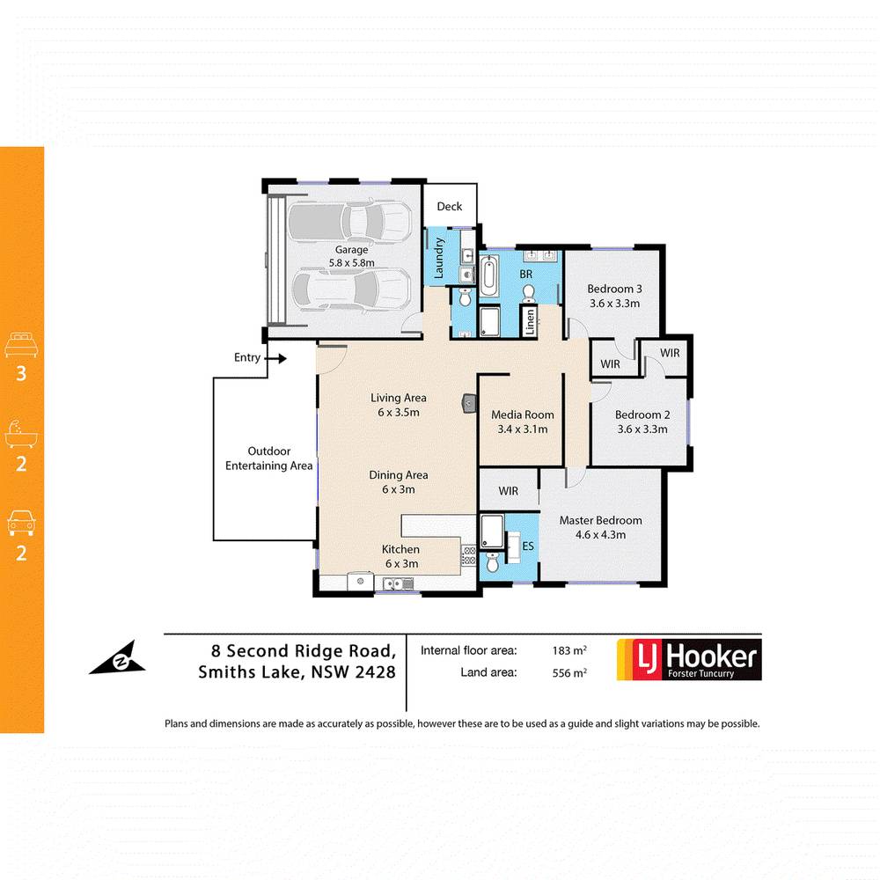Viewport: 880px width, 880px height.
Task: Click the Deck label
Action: (x=449, y=207)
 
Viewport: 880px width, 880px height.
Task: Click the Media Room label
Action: (x=523, y=415)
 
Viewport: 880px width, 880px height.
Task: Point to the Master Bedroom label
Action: (x=600, y=520)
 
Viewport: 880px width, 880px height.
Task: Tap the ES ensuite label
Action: (x=528, y=546)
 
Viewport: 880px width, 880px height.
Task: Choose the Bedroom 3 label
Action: (x=615, y=289)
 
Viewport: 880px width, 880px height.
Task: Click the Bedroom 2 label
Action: (x=642, y=415)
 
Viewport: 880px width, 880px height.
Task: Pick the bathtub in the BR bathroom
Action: (x=489, y=274)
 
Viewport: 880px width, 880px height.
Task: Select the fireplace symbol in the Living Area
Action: (x=467, y=404)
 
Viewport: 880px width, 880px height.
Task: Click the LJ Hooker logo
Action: (x=687, y=659)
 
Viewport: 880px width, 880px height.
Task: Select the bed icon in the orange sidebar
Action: (x=21, y=343)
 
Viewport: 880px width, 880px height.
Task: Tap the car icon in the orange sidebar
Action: (x=21, y=522)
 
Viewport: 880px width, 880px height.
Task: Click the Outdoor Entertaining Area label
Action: (x=268, y=458)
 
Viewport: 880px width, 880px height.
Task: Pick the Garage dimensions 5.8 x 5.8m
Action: (x=351, y=262)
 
